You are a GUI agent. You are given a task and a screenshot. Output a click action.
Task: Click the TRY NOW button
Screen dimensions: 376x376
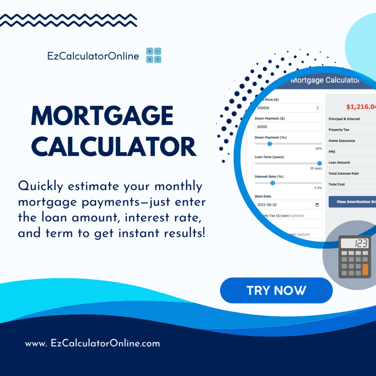pos(276,290)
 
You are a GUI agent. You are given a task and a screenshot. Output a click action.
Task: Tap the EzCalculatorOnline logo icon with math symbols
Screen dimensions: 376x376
pos(153,55)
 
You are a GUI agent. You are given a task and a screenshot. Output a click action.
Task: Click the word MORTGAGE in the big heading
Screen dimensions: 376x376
pos(102,116)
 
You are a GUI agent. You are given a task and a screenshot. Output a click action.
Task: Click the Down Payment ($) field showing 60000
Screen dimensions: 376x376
pos(288,127)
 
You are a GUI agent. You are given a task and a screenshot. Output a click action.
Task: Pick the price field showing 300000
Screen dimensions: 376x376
pos(288,108)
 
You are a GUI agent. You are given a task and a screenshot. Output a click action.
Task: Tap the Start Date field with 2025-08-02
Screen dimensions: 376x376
pos(288,205)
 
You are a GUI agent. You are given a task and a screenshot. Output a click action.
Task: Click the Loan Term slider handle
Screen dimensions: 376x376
pos(319,163)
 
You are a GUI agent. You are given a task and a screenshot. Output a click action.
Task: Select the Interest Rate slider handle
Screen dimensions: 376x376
pos(272,183)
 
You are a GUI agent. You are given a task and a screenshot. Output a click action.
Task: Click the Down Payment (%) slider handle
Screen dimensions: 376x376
pos(270,144)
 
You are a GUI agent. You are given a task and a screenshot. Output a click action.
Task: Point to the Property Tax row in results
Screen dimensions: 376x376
pos(339,130)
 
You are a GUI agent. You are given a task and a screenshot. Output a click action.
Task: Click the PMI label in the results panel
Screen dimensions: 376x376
pos(332,151)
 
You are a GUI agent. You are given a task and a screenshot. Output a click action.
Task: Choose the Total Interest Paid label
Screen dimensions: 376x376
pos(343,173)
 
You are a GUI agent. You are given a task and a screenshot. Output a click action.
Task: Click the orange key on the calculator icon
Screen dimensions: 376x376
pos(365,270)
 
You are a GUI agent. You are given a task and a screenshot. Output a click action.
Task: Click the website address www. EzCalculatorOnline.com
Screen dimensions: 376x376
pos(93,344)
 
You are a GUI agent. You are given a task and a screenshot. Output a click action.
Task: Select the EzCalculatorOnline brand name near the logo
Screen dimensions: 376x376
pos(93,56)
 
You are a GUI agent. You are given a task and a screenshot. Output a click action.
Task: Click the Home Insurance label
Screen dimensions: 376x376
pos(341,141)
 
